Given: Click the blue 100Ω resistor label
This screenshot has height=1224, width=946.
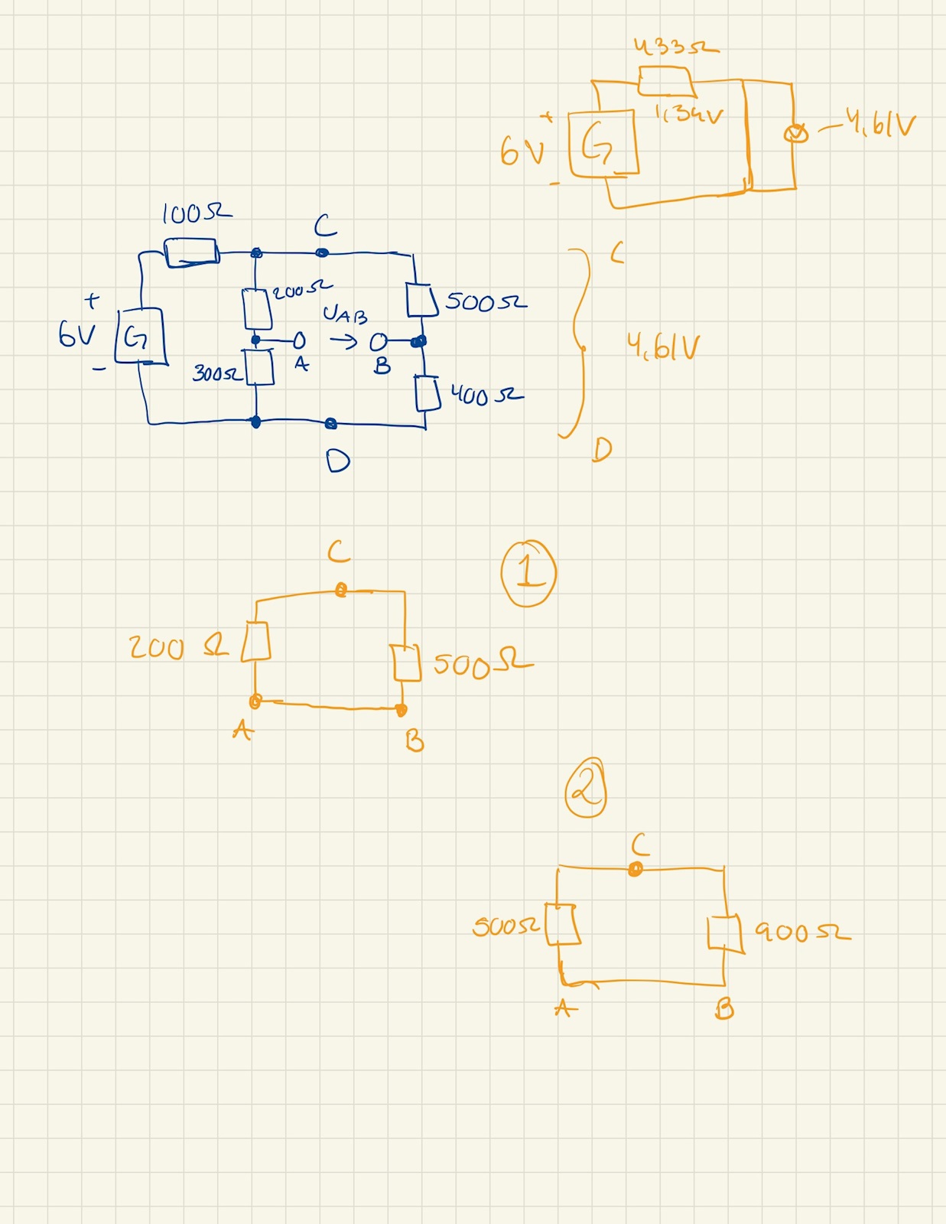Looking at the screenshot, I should pos(196,213).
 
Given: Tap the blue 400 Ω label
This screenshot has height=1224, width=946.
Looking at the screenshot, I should pos(486,396).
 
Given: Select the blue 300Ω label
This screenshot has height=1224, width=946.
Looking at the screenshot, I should pos(216,373).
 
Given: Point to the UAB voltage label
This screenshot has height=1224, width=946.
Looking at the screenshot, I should pos(345,314).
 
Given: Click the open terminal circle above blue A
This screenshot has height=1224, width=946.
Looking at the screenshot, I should pos(299,340).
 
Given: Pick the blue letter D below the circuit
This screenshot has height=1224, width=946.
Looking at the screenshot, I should pos(337,461).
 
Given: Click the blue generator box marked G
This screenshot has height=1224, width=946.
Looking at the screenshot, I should pos(139,336).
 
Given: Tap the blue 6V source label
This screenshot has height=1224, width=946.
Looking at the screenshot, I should pos(76,334).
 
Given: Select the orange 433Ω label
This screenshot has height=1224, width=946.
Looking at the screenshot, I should pos(676,47).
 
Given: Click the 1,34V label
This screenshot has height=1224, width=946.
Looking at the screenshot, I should pos(688,115).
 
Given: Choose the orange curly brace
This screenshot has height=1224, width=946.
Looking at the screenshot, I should pos(578,343).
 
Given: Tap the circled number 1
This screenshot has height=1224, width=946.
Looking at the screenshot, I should pos(528,573).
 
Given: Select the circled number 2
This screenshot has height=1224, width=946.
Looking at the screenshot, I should pos(586,788).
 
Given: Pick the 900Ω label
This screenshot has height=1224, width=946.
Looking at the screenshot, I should pos(801,932).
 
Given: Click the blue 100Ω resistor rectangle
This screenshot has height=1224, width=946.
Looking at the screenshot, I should pos(191,252).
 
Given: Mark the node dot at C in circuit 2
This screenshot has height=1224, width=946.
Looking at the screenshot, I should pos(635,868).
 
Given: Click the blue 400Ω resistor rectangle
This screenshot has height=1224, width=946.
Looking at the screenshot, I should pos(427,393).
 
